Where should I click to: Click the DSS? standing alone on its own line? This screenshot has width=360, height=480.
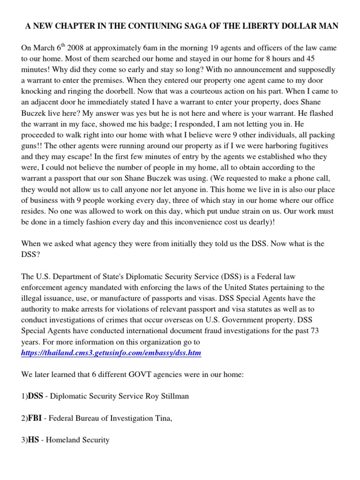30,255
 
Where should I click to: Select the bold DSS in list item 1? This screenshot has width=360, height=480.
36,397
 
